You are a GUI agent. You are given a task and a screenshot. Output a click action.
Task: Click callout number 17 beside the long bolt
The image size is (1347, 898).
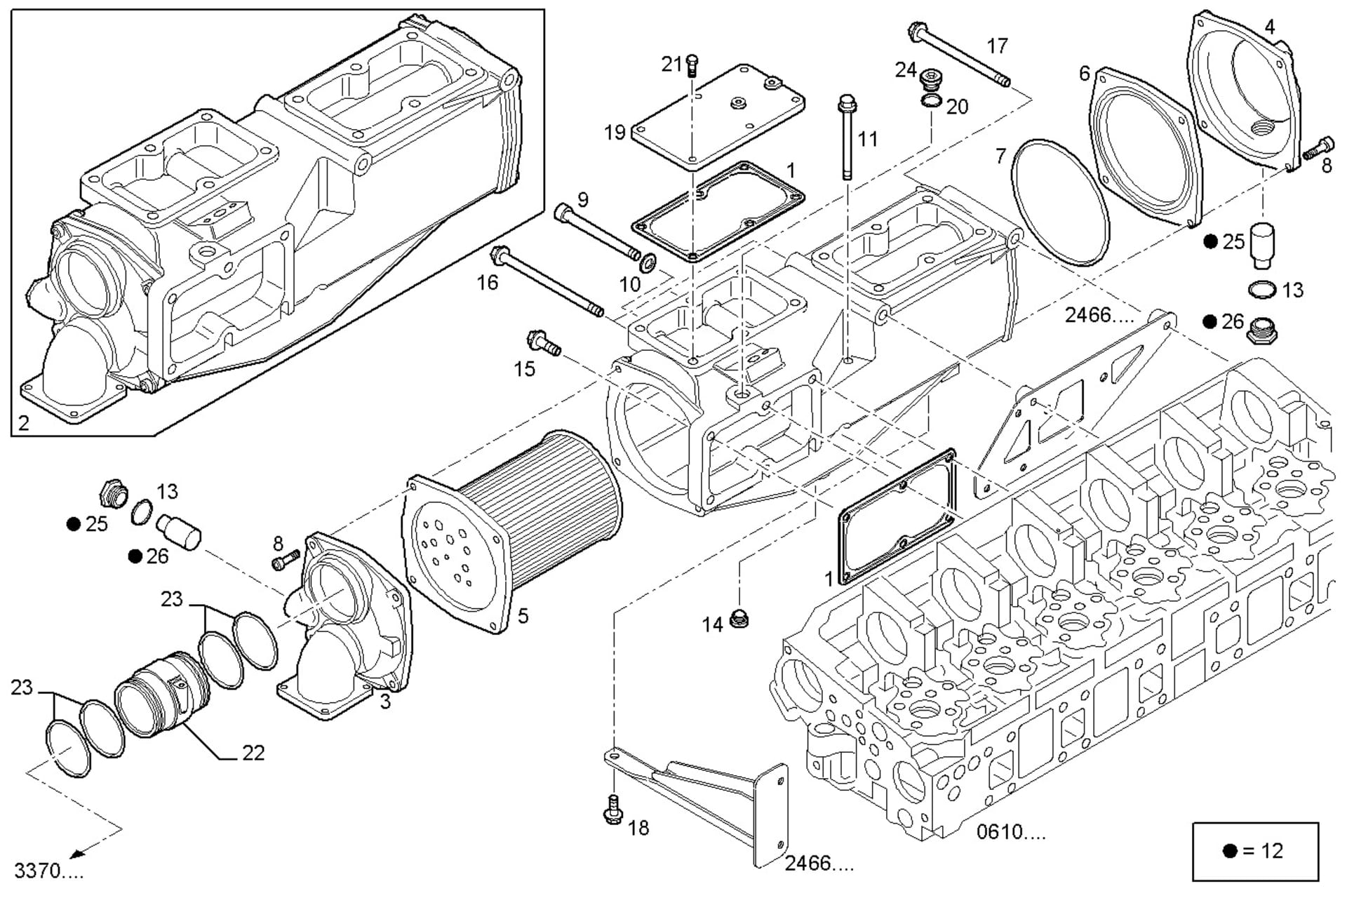point(997,46)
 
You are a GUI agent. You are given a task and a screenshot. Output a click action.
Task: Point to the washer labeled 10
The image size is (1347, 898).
point(649,264)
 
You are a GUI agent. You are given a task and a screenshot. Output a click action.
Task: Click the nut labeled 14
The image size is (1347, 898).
point(738,619)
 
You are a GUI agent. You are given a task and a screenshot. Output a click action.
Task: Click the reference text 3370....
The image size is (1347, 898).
point(49,871)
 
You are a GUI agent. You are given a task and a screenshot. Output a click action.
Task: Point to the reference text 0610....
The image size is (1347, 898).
point(1011,833)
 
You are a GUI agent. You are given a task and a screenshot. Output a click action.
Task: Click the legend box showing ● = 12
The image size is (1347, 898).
point(1254,851)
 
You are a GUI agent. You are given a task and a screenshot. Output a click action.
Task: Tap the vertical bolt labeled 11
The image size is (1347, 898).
point(847,140)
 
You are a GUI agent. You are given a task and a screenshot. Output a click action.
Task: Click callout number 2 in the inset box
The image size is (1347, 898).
point(24,422)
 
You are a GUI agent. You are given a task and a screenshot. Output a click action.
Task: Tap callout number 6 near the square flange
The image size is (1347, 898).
point(1085,73)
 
